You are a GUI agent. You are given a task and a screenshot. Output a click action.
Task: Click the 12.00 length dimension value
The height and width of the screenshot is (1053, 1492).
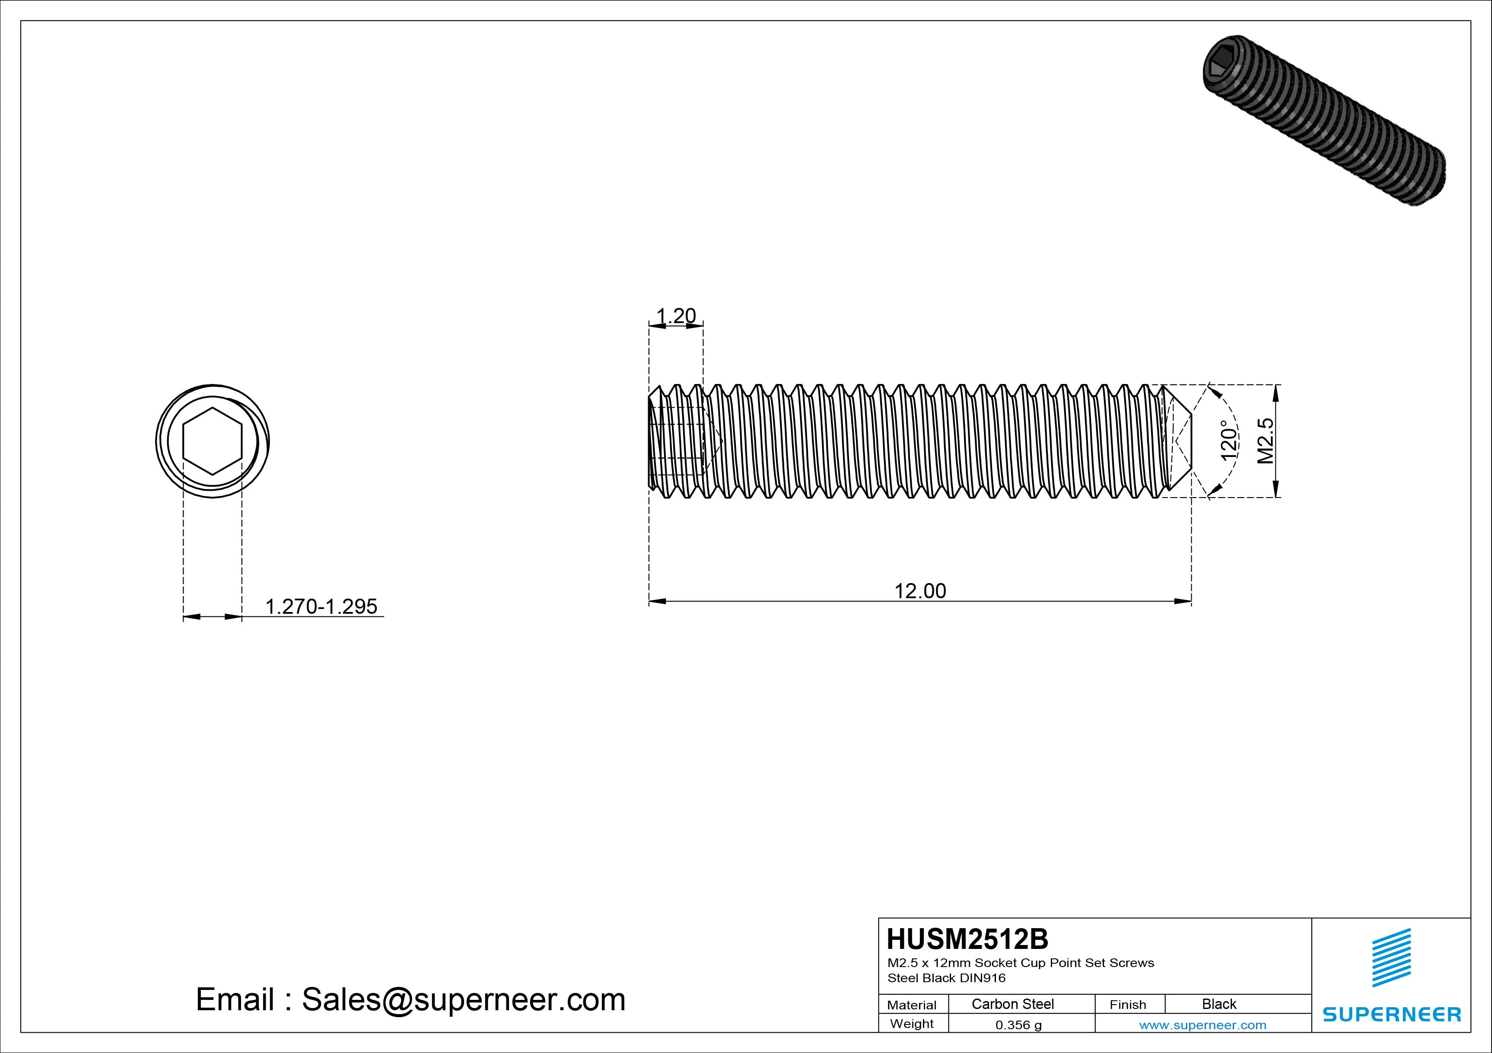click(x=920, y=591)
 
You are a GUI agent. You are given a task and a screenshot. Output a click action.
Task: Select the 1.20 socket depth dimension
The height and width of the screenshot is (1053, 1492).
click(x=676, y=316)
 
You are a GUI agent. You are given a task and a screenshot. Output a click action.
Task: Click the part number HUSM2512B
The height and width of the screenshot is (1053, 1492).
click(x=967, y=939)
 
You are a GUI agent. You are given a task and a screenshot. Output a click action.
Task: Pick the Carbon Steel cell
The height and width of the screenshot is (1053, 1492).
click(x=1012, y=1004)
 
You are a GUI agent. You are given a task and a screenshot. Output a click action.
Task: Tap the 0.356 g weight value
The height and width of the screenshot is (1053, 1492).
click(x=1018, y=1025)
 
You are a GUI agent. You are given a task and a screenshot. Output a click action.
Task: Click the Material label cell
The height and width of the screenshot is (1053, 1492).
click(x=912, y=1005)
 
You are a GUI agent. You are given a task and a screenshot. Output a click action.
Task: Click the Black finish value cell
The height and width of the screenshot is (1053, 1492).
click(x=1219, y=1004)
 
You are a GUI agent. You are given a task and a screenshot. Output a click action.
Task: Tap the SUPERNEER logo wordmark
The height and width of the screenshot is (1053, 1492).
click(x=1391, y=1014)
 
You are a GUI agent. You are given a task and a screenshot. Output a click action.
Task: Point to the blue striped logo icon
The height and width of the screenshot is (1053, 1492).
click(x=1391, y=958)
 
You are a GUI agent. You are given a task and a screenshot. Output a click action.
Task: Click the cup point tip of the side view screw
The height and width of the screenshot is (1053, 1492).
click(x=1189, y=441)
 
